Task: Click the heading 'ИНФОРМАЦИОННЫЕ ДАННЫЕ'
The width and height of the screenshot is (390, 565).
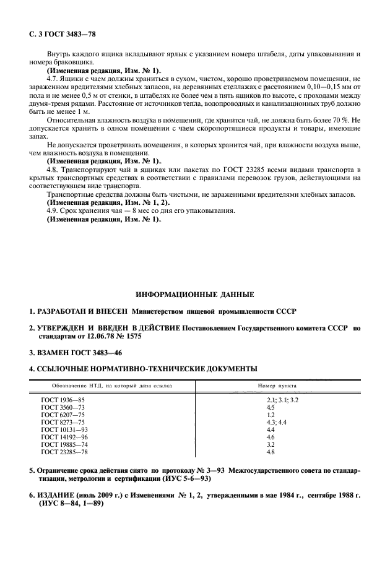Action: click(x=194, y=295)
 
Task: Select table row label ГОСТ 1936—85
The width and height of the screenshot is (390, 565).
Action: click(x=63, y=401)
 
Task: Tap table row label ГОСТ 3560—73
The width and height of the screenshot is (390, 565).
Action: click(x=63, y=408)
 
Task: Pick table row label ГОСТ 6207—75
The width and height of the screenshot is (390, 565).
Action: click(x=63, y=415)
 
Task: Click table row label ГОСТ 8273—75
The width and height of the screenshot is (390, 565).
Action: click(x=63, y=423)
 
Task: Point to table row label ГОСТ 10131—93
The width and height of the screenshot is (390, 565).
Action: click(x=64, y=430)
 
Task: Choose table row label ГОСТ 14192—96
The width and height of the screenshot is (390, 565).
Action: click(x=64, y=438)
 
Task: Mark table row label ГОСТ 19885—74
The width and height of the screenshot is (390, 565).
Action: click(x=64, y=444)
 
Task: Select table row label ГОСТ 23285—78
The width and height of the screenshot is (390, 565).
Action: click(x=64, y=452)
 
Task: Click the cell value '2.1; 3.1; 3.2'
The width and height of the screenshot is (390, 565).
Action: click(x=282, y=401)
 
